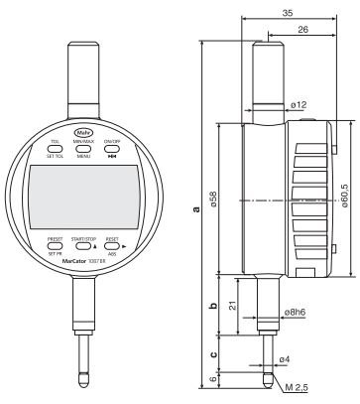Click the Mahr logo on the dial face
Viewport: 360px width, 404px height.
click(82, 133)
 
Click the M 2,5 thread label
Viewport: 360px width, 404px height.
click(297, 386)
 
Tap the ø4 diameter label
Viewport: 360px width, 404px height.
click(285, 357)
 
